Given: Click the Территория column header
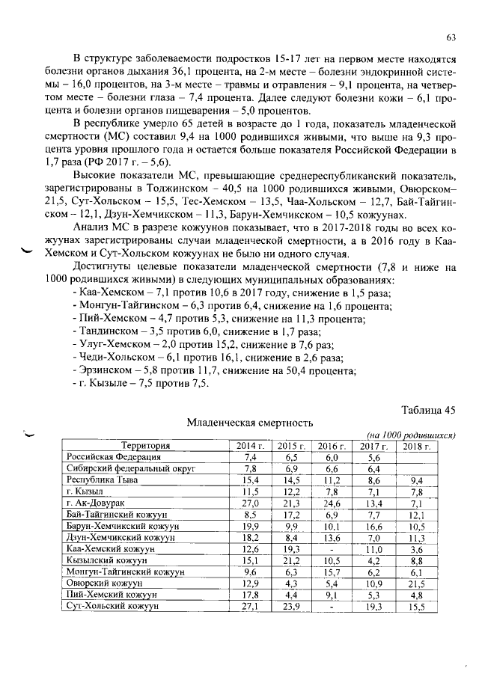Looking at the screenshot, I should (146, 446).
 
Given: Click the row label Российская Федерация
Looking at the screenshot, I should (112, 457).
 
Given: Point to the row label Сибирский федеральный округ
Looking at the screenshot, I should (131, 468).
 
